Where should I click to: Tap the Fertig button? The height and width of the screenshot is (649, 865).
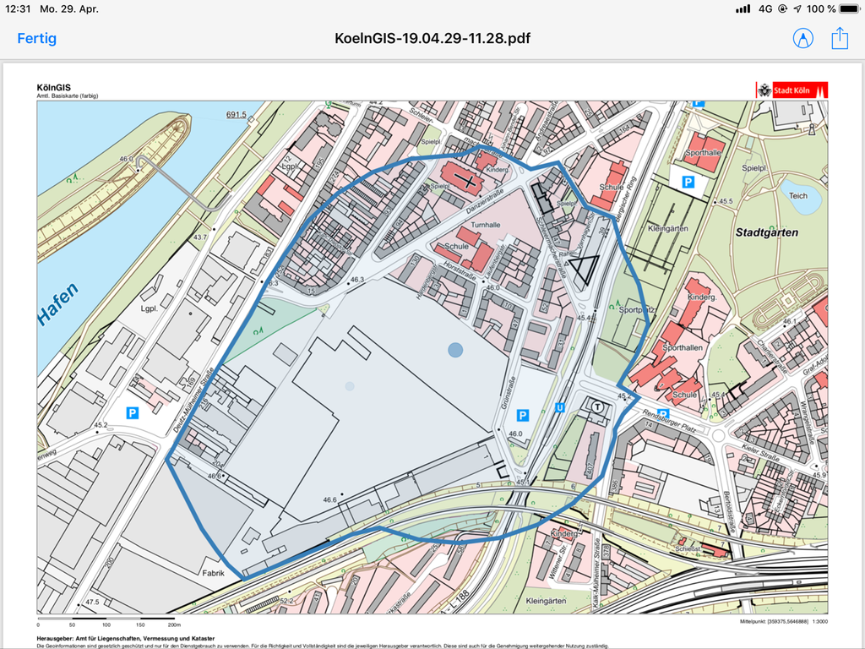(37, 38)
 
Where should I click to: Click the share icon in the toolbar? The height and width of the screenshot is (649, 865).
(839, 38)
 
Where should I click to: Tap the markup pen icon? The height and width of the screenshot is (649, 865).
(802, 38)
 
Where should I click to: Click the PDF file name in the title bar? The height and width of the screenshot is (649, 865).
(432, 38)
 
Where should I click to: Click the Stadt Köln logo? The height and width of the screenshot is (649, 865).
(792, 90)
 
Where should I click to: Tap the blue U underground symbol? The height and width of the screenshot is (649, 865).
(559, 407)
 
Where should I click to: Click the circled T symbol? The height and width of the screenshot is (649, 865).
(598, 407)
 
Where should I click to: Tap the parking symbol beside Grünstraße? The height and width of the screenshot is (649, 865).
(523, 415)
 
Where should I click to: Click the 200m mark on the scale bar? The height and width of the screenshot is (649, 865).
(175, 624)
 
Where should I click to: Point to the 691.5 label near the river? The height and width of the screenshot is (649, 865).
(236, 115)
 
